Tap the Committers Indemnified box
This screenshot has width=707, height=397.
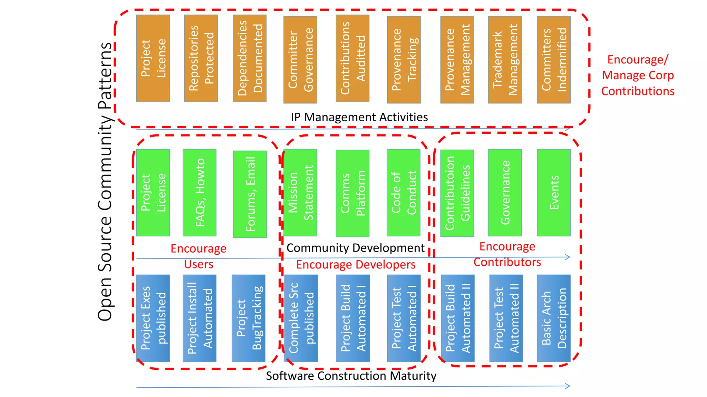point(554,60)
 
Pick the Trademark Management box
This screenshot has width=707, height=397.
point(505,60)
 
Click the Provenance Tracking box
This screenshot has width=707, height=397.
point(404,60)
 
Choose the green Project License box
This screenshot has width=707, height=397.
point(153,193)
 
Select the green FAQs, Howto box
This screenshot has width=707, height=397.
point(200,193)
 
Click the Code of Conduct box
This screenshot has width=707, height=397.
point(403,193)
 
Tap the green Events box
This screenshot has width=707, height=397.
point(554,193)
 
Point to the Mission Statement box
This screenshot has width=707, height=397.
point(300,193)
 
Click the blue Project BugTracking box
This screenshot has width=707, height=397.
point(249,318)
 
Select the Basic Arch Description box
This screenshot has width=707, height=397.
point(554,318)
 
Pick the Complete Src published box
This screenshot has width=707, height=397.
point(301,318)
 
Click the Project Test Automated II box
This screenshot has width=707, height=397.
point(506,318)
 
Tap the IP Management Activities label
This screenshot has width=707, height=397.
point(359,117)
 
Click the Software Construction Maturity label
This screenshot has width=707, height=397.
point(351,376)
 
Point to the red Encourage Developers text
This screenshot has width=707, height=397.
point(356,265)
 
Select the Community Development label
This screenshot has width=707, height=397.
point(355,248)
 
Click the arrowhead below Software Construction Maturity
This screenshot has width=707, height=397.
point(568,386)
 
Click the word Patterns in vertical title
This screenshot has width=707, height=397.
point(105,76)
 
